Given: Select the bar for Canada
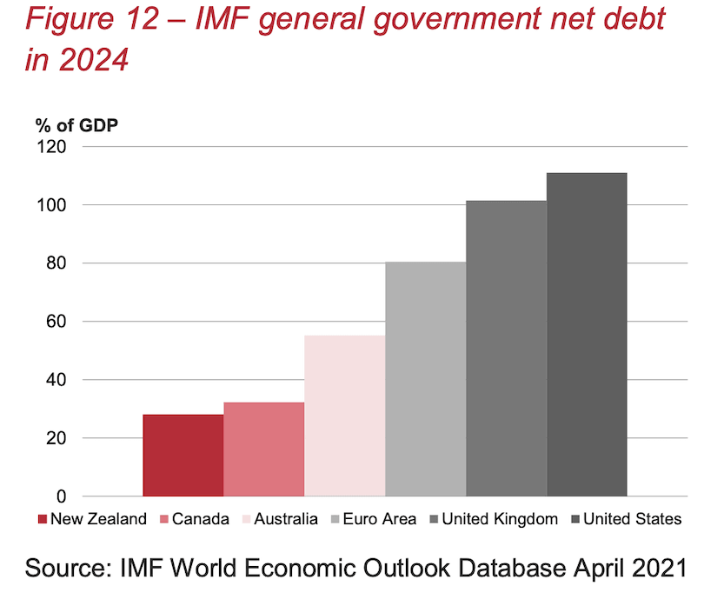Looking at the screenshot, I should click(x=263, y=449).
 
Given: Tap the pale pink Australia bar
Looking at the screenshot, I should click(x=345, y=416).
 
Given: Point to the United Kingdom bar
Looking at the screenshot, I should click(x=507, y=348).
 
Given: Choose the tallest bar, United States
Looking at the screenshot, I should click(x=587, y=334).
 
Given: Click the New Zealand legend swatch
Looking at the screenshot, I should click(x=42, y=520).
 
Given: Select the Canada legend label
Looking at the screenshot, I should click(x=200, y=519).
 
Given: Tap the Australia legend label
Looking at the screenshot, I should click(x=288, y=519).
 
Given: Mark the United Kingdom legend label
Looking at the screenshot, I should click(x=500, y=519).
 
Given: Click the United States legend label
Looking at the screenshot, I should click(x=632, y=519).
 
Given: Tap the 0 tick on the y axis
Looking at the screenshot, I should click(x=60, y=496).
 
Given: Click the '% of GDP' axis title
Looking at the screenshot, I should click(x=76, y=123).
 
